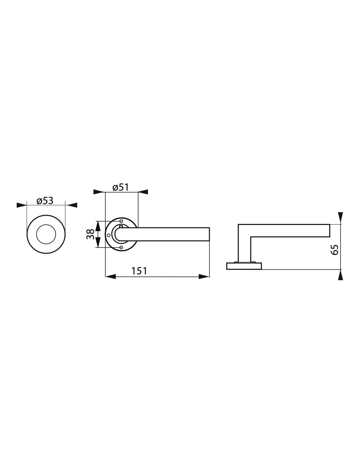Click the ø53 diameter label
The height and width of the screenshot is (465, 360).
click(45, 201)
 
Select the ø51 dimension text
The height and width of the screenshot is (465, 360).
click(120, 187)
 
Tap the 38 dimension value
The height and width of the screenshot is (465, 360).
click(90, 234)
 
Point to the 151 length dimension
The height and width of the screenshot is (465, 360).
click(139, 271)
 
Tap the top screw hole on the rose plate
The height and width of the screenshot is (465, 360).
click(121, 221)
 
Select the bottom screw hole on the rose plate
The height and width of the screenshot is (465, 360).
click(121, 248)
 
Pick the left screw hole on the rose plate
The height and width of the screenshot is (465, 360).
click(109, 235)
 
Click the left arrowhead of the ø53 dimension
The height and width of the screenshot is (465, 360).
click(21, 205)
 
